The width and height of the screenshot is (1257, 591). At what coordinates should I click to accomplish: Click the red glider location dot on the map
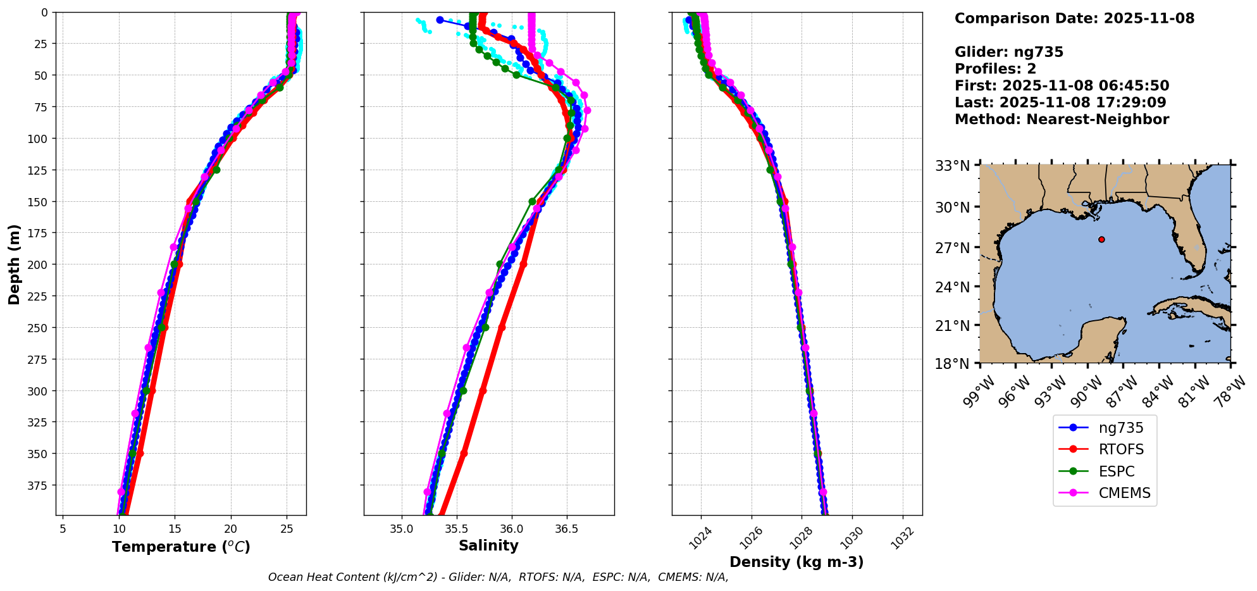click(x=1101, y=239)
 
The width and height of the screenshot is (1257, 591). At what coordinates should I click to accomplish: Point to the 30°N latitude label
click(x=952, y=208)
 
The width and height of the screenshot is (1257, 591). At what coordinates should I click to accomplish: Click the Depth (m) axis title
click(x=14, y=264)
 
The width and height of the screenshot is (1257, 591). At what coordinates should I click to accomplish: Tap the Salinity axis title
click(x=488, y=546)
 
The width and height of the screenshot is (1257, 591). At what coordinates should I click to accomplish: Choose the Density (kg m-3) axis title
click(x=796, y=562)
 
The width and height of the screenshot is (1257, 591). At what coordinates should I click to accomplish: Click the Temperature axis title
click(x=181, y=547)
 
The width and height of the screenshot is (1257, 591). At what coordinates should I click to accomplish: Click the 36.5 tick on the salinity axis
click(x=566, y=528)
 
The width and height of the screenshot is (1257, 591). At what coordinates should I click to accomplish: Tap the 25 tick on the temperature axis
click(x=287, y=528)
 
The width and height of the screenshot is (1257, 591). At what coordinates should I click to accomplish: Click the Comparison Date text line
click(x=1074, y=18)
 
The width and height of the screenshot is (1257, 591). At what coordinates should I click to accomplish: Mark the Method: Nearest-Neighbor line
click(x=1062, y=120)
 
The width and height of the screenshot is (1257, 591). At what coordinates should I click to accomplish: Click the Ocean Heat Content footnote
click(x=498, y=577)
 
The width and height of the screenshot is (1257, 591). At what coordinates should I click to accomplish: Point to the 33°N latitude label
click(x=952, y=166)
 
